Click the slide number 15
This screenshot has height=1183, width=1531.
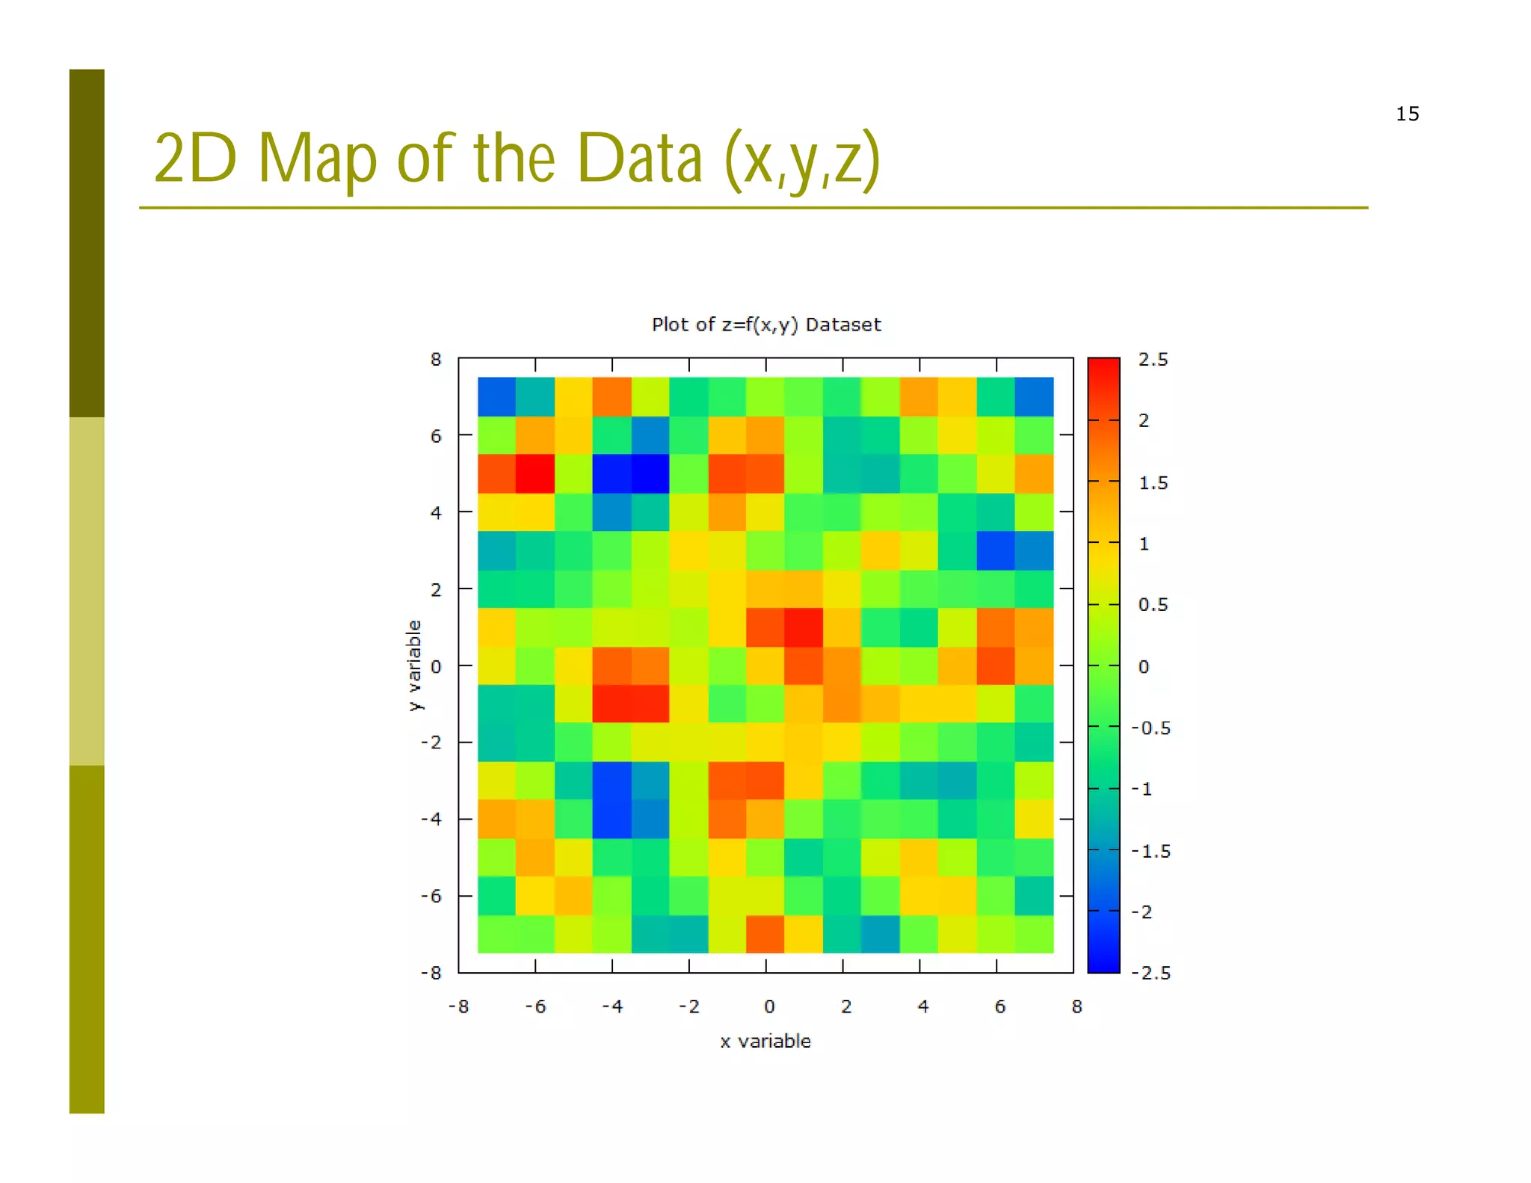pos(1407,114)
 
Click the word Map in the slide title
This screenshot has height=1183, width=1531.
pos(317,159)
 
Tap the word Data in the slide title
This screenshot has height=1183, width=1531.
pos(640,159)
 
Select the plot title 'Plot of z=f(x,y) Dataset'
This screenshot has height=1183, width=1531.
pos(766,325)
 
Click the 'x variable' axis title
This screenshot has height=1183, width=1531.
pos(765,1041)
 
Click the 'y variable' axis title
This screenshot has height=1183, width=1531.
pos(414,665)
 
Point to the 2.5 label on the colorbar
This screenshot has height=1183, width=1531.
pos(1153,360)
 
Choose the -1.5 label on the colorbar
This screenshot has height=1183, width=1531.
pos(1151,851)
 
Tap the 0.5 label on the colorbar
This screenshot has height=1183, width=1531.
pos(1153,604)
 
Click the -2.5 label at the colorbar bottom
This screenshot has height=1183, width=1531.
pos(1151,973)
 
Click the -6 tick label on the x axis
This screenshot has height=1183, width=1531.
pos(535,1007)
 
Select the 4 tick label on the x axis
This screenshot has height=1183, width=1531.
pos(923,1007)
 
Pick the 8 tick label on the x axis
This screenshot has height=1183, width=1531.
pos(1076,1007)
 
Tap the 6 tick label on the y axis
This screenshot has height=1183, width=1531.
pos(436,436)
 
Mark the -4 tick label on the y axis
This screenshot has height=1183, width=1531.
pos(431,819)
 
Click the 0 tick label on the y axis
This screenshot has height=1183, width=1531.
pos(436,666)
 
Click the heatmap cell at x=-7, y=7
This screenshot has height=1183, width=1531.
pos(497,396)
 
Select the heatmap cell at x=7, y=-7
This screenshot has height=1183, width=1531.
pos(1035,934)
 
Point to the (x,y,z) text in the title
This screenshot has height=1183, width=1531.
pos(803,159)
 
